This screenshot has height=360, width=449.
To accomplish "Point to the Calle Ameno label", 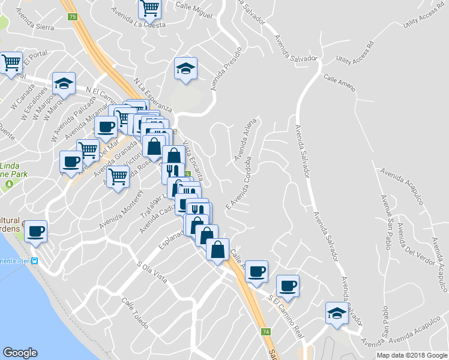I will pos(339,82).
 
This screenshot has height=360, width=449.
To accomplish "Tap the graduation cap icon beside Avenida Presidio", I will pos(186,70).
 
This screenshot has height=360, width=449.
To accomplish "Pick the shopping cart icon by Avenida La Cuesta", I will pos(149,8).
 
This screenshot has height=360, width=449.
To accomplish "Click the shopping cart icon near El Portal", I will pos(11,62).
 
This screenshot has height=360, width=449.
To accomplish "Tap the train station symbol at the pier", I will pos(35,261).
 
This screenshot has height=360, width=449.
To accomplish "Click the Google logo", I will pos(20,353).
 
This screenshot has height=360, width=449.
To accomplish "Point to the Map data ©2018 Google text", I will pos(412,355).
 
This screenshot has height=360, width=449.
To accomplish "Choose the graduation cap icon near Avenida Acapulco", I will pos(337,313).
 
